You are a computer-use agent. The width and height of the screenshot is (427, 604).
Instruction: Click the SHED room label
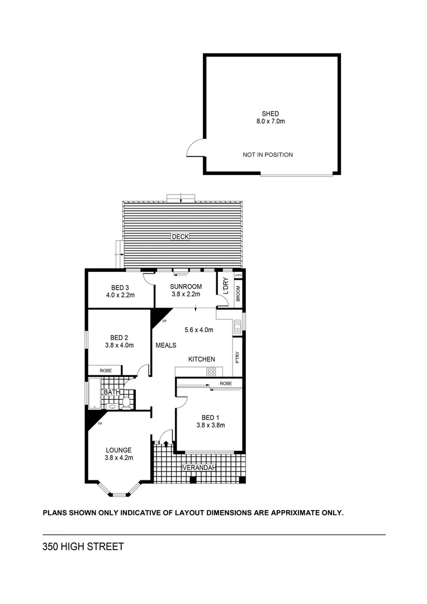[270, 114]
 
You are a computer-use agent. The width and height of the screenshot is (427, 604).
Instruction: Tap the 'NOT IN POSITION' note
[268, 155]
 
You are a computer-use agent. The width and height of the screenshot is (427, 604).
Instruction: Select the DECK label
[181, 237]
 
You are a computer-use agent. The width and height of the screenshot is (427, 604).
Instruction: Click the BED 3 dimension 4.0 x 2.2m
[120, 295]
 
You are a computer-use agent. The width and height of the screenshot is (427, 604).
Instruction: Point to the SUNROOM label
[186, 286]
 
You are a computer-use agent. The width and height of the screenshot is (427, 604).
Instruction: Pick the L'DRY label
[226, 286]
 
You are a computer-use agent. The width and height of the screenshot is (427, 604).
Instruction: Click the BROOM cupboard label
[238, 294]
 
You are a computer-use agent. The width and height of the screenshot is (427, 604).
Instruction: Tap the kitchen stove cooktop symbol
[212, 371]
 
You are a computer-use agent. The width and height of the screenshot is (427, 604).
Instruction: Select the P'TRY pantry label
[238, 356]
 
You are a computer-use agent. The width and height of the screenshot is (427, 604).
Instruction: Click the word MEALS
[166, 346]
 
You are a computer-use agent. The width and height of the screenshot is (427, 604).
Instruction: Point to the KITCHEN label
[201, 359]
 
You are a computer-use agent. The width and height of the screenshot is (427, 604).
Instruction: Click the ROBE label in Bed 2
[106, 370]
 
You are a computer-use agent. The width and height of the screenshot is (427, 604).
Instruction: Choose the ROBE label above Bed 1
[226, 384]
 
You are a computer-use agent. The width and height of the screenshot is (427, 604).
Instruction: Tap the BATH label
[111, 393]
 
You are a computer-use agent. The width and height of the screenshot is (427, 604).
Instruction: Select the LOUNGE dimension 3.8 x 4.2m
[118, 458]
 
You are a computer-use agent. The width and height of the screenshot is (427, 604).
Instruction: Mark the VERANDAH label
[198, 468]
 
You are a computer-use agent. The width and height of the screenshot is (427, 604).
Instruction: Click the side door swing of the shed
[196, 149]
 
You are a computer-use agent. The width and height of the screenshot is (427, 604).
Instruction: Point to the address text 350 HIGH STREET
[83, 546]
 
